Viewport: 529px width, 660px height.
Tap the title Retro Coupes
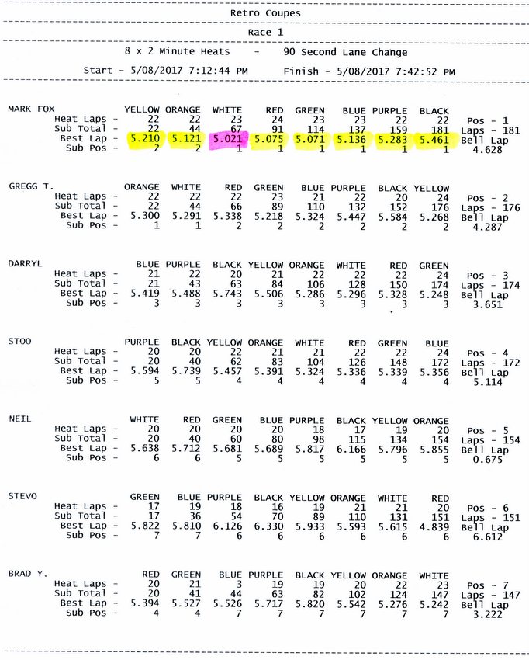pyautogui.click(x=265, y=13)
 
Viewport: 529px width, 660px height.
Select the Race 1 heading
pyautogui.click(x=265, y=33)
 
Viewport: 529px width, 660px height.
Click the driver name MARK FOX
pyautogui.click(x=32, y=109)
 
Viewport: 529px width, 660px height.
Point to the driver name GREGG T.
pyautogui.click(x=31, y=187)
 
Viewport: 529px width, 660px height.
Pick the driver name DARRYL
pyautogui.click(x=25, y=264)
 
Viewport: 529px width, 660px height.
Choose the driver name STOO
pyautogui.click(x=20, y=341)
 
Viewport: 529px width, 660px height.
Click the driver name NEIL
pyautogui.click(x=20, y=419)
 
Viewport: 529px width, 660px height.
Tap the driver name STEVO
pyautogui.click(x=22, y=495)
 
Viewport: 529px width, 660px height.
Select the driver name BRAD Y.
pyautogui.click(x=28, y=573)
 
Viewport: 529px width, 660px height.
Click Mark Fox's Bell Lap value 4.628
pyautogui.click(x=487, y=151)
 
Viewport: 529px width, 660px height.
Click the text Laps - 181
pyautogui.click(x=487, y=130)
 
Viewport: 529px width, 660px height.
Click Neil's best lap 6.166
pyautogui.click(x=351, y=448)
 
